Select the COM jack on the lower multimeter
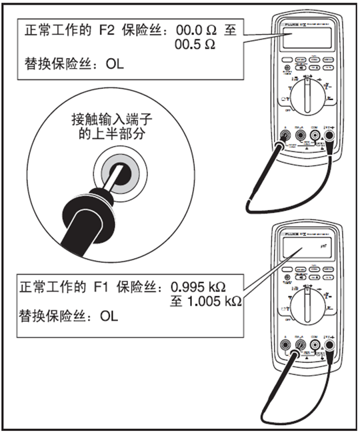point(315,346)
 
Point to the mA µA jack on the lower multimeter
point(300,346)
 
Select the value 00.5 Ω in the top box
point(195,45)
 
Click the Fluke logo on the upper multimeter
point(287,24)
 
